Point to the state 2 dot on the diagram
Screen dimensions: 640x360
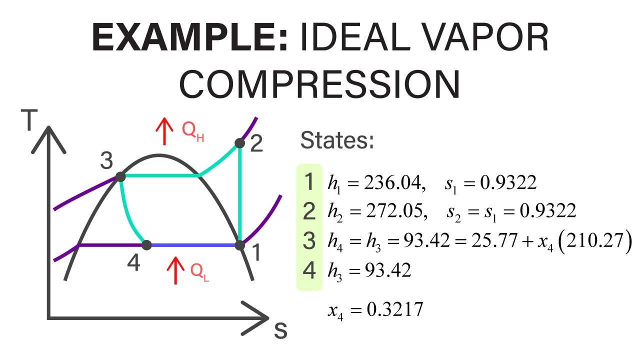(x=240, y=143)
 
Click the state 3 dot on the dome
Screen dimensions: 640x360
(x=120, y=177)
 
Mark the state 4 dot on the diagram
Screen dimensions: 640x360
(x=146, y=245)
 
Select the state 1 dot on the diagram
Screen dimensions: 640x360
(x=240, y=245)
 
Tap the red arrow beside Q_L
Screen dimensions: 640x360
(x=175, y=270)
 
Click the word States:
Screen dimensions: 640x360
(x=337, y=141)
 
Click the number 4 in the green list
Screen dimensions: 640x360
(x=309, y=271)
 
